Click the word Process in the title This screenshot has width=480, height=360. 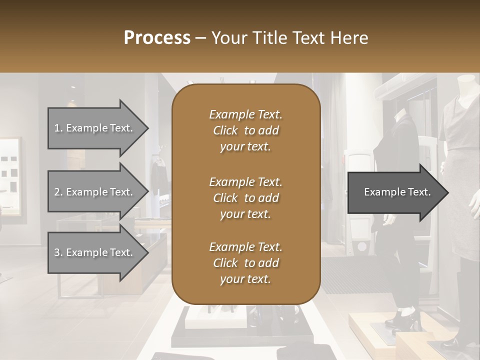point(157,38)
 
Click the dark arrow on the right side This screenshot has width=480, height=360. point(395,192)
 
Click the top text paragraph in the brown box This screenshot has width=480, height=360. point(245,130)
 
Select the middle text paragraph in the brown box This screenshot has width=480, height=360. point(245,197)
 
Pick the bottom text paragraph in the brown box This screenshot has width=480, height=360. point(245,263)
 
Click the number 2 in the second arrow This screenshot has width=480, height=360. point(57,192)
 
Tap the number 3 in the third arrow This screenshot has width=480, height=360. point(57,252)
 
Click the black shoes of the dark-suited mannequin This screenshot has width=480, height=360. point(406,317)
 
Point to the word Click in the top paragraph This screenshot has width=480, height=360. point(225,130)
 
